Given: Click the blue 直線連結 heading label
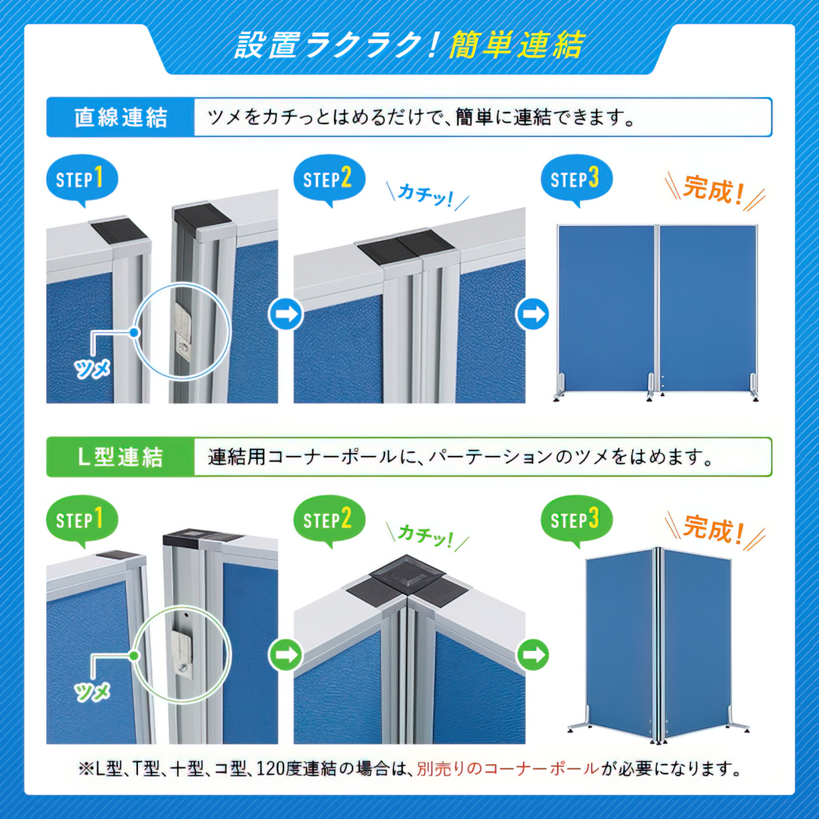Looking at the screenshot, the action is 120,117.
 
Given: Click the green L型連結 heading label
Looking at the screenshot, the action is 120,457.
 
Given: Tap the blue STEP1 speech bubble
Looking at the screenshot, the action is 82,180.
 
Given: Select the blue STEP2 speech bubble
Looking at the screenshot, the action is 329,180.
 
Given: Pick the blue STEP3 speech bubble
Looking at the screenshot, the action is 577,180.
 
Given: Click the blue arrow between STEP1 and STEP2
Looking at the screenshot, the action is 286,314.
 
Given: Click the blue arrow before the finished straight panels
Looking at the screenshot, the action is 533,314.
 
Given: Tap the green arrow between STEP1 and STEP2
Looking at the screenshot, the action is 286,655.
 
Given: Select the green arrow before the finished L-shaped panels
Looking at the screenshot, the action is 533,655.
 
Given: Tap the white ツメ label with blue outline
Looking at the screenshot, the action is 92,369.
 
